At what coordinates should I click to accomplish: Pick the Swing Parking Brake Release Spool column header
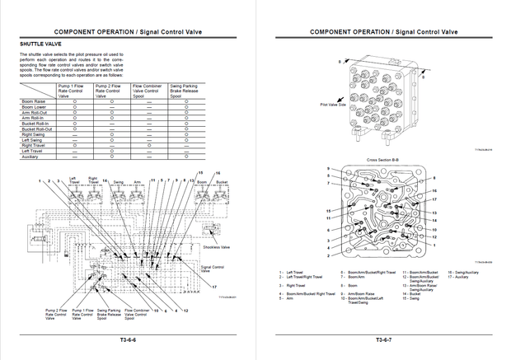(x=187, y=91)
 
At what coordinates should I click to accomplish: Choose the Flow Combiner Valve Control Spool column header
(x=149, y=91)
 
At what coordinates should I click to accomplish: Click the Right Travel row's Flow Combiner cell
(x=149, y=146)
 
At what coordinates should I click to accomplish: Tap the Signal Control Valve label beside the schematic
(x=213, y=269)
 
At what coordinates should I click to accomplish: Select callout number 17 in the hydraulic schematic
(x=213, y=286)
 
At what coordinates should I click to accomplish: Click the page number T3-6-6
(x=127, y=339)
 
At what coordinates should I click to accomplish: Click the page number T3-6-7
(x=383, y=339)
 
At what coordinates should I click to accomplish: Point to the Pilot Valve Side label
(x=310, y=105)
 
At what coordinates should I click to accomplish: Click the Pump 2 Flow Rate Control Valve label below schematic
(x=55, y=316)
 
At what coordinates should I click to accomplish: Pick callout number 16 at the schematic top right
(x=218, y=172)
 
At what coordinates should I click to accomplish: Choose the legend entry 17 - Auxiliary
(x=458, y=277)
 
